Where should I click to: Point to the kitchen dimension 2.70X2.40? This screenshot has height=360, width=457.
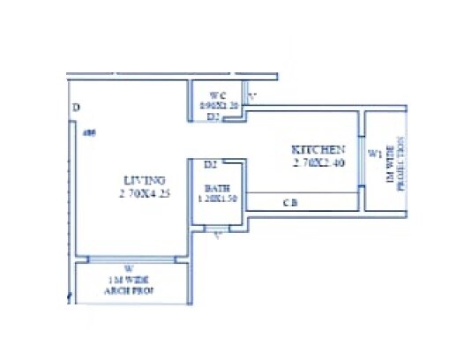(x=318, y=162)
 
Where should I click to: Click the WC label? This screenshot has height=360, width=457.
(x=219, y=94)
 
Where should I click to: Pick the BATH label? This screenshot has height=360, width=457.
(x=217, y=188)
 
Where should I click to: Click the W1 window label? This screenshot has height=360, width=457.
(x=374, y=154)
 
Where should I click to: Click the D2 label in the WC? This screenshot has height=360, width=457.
(x=213, y=116)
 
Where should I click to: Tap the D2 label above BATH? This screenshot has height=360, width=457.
(x=210, y=164)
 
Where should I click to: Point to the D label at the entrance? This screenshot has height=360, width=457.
(x=77, y=109)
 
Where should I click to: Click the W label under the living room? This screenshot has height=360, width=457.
(x=128, y=268)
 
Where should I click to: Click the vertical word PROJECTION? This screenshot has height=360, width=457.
(x=400, y=164)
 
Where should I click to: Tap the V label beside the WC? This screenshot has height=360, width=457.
(x=251, y=95)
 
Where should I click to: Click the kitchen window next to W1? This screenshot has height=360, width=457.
(x=362, y=161)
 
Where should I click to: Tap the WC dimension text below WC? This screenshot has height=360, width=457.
(x=218, y=105)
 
